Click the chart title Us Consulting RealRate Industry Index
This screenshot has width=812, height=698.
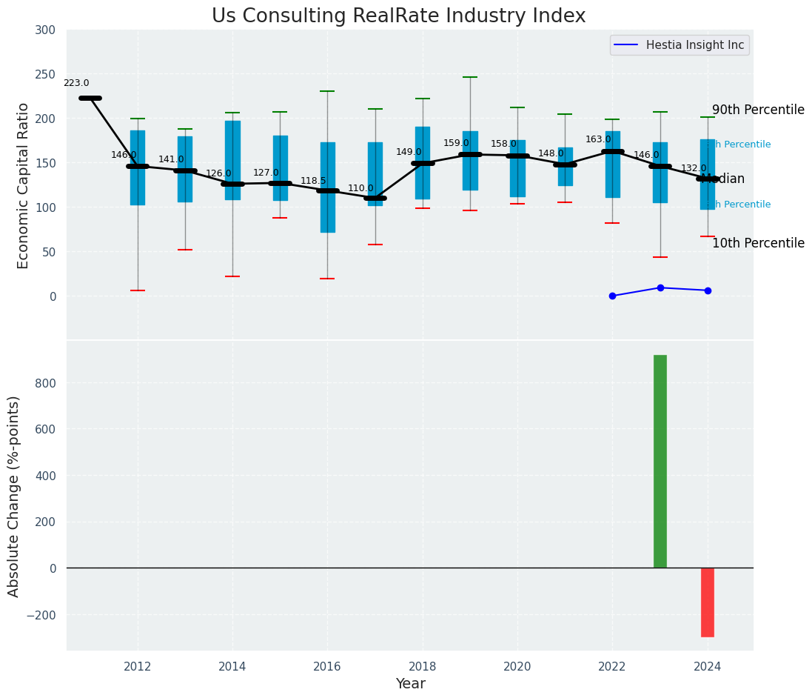(x=398, y=16)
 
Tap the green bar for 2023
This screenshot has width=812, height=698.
(x=660, y=461)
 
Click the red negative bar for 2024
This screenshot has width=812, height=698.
(x=708, y=602)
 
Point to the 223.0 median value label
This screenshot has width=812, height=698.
(x=76, y=84)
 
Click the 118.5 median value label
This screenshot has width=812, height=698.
(x=313, y=182)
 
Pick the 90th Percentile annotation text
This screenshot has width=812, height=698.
(x=758, y=110)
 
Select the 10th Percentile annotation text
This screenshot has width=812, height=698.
(x=758, y=244)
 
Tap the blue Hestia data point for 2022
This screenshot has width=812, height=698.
(x=612, y=296)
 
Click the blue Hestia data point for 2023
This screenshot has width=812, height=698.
(x=660, y=287)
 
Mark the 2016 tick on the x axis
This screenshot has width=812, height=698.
(x=327, y=667)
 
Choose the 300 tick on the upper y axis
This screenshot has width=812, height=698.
(x=45, y=30)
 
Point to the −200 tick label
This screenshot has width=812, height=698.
(x=41, y=615)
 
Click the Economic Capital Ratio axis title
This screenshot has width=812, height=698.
(x=24, y=185)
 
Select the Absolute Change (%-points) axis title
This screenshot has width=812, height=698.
(x=14, y=496)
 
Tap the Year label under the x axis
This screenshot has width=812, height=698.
(x=410, y=684)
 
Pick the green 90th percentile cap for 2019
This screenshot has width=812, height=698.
(x=470, y=77)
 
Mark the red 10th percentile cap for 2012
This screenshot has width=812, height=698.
(x=138, y=290)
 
